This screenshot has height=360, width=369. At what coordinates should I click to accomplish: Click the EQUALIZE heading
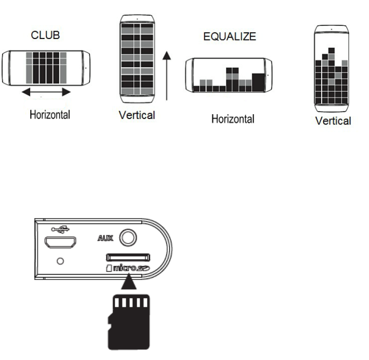coord(229,36)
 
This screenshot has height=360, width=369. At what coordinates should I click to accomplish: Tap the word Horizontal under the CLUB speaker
coord(49,115)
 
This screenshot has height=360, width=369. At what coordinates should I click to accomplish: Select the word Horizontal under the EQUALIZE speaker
coord(232,119)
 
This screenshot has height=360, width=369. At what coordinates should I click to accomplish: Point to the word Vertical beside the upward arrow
coord(137,115)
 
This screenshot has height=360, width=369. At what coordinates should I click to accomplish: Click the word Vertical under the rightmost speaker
coord(333,120)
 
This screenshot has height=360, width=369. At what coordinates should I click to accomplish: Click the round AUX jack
coord(128,238)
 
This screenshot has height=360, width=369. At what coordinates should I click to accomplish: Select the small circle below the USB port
coord(60,261)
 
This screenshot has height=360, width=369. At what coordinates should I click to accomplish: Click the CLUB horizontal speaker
coord(46,66)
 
